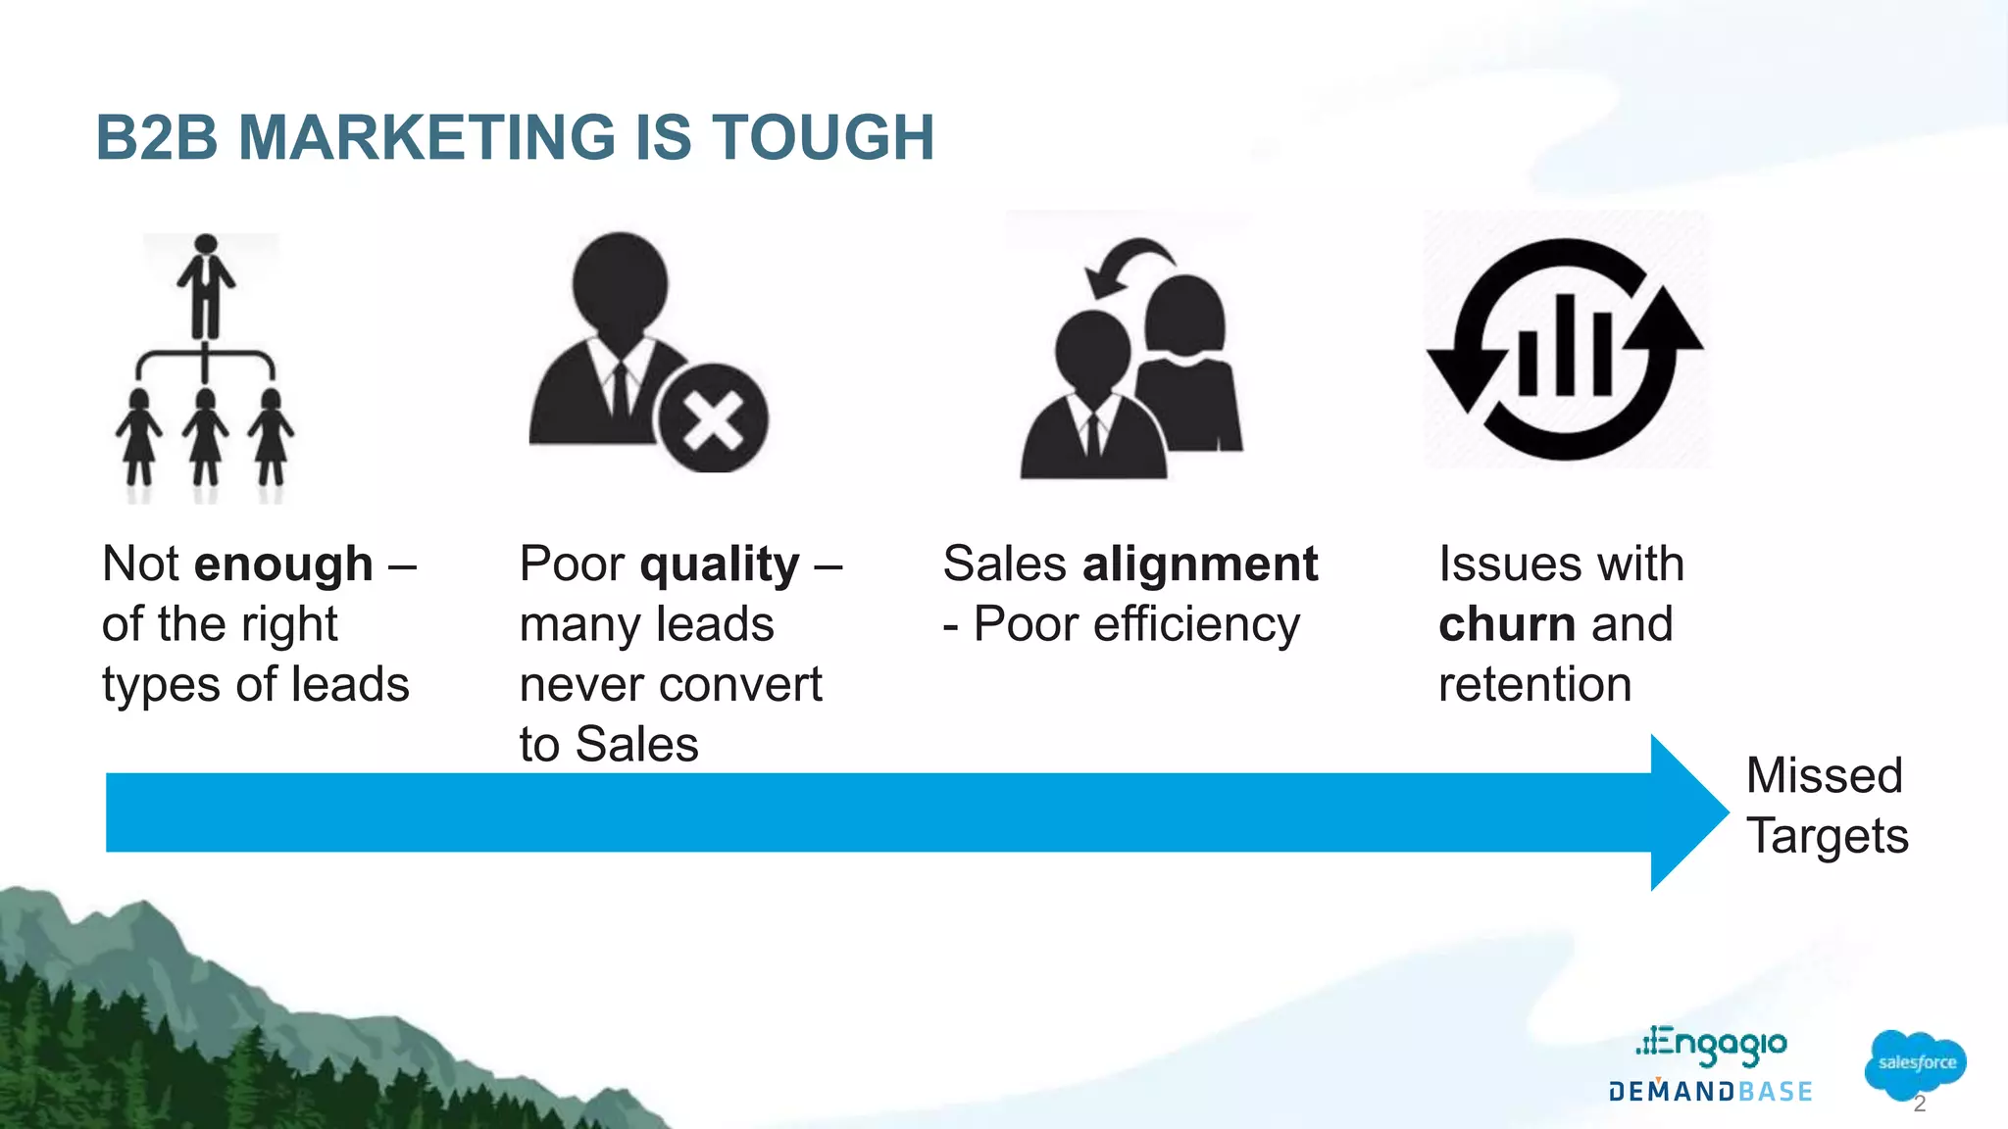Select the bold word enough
pyautogui.click(x=283, y=564)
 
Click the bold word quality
pyautogui.click(x=720, y=565)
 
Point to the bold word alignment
pyautogui.click(x=1199, y=564)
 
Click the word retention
pyautogui.click(x=1534, y=684)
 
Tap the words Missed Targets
pyautogui.click(x=1827, y=806)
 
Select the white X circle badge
pyautogui.click(x=713, y=418)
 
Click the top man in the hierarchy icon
pyautogui.click(x=206, y=284)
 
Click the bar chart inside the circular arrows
pyautogui.click(x=1565, y=348)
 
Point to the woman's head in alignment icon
pyautogui.click(x=1185, y=314)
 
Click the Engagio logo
pyautogui.click(x=1712, y=1046)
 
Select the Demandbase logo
pyautogui.click(x=1710, y=1092)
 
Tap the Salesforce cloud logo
pyautogui.click(x=1915, y=1063)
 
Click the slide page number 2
pyautogui.click(x=1919, y=1104)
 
